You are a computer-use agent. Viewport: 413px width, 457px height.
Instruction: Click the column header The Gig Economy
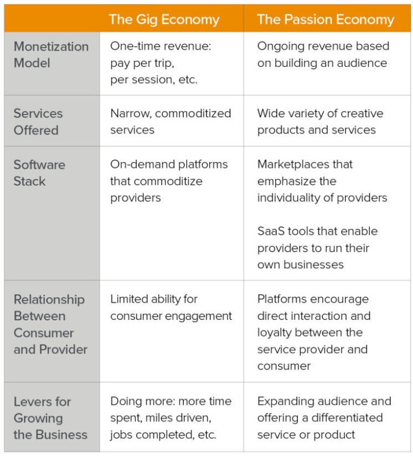point(164,20)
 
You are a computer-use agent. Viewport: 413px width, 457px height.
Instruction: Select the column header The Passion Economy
point(326,20)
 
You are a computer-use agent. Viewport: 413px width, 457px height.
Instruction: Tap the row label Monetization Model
point(51,55)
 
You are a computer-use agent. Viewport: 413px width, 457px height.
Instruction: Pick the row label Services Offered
point(38,122)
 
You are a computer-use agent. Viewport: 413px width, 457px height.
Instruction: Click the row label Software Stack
point(39,173)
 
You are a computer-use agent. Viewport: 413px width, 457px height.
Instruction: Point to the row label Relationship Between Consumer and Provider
point(50,324)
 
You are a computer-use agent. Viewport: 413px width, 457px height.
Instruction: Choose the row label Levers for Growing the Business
point(50,418)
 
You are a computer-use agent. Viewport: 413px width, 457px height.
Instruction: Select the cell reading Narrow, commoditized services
point(171,122)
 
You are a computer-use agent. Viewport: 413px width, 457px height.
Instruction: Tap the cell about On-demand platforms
point(169,181)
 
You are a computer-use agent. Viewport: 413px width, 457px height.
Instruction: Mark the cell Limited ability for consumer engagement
point(171,308)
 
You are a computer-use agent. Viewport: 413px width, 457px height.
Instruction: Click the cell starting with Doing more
point(171,418)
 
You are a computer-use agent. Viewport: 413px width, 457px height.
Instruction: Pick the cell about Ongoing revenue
point(323,55)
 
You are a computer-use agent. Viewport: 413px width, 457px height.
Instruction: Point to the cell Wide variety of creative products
point(320,122)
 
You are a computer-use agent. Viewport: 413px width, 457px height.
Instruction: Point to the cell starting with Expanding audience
point(324,418)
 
